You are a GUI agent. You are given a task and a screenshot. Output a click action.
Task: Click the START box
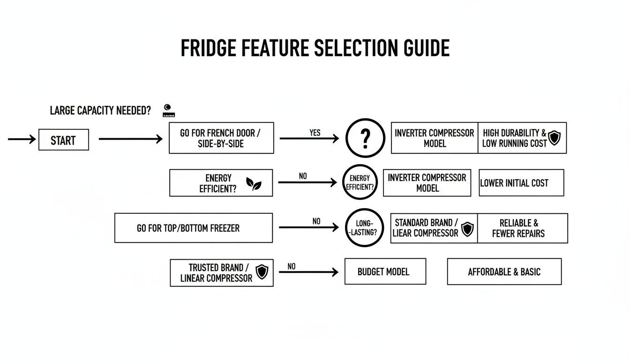click(x=63, y=140)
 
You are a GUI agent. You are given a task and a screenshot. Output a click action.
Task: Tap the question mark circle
click(x=365, y=138)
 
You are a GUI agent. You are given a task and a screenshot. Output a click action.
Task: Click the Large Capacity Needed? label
click(x=100, y=111)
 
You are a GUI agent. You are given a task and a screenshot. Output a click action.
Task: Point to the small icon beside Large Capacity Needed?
click(x=168, y=110)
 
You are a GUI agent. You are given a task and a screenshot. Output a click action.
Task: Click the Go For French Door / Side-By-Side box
click(x=221, y=138)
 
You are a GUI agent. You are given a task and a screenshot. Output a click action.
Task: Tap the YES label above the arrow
click(x=315, y=133)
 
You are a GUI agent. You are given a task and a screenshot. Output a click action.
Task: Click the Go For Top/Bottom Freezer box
click(x=193, y=228)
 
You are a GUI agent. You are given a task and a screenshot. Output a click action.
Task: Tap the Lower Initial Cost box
click(x=521, y=183)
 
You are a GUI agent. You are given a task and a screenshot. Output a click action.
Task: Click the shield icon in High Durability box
click(x=555, y=138)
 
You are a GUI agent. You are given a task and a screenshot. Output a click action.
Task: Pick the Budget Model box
click(x=385, y=271)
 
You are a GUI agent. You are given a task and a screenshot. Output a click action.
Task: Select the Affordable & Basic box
click(x=504, y=271)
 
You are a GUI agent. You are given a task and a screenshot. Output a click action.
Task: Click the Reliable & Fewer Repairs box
click(x=522, y=228)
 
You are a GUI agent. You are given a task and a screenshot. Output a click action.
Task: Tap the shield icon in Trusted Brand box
click(x=262, y=272)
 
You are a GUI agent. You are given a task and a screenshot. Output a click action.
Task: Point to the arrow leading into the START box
click(x=22, y=139)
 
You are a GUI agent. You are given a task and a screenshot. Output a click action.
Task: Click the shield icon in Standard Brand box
click(x=467, y=229)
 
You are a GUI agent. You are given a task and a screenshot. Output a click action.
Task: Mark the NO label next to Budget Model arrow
click(x=292, y=266)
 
